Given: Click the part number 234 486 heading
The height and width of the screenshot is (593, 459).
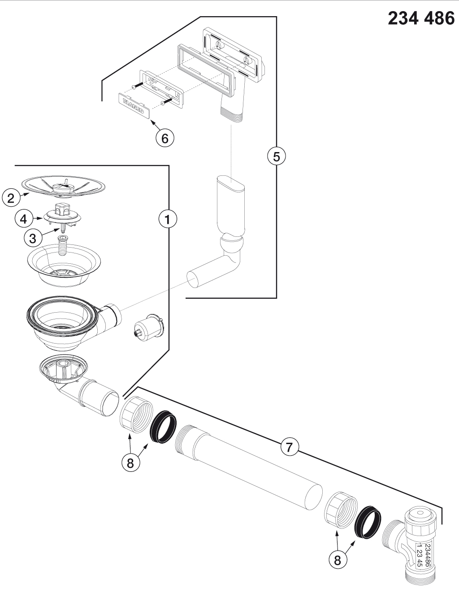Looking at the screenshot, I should [x=420, y=18].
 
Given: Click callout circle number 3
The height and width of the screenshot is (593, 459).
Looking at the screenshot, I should [x=33, y=238].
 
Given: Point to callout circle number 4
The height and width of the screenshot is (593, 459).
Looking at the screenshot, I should [x=24, y=218].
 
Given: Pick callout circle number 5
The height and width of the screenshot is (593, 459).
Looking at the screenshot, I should [x=276, y=157].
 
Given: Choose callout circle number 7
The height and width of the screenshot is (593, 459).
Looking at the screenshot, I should [x=290, y=447].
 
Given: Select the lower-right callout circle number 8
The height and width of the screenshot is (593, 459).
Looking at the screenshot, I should [x=338, y=559].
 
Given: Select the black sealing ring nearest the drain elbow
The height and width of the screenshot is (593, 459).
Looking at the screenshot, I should [x=162, y=428].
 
